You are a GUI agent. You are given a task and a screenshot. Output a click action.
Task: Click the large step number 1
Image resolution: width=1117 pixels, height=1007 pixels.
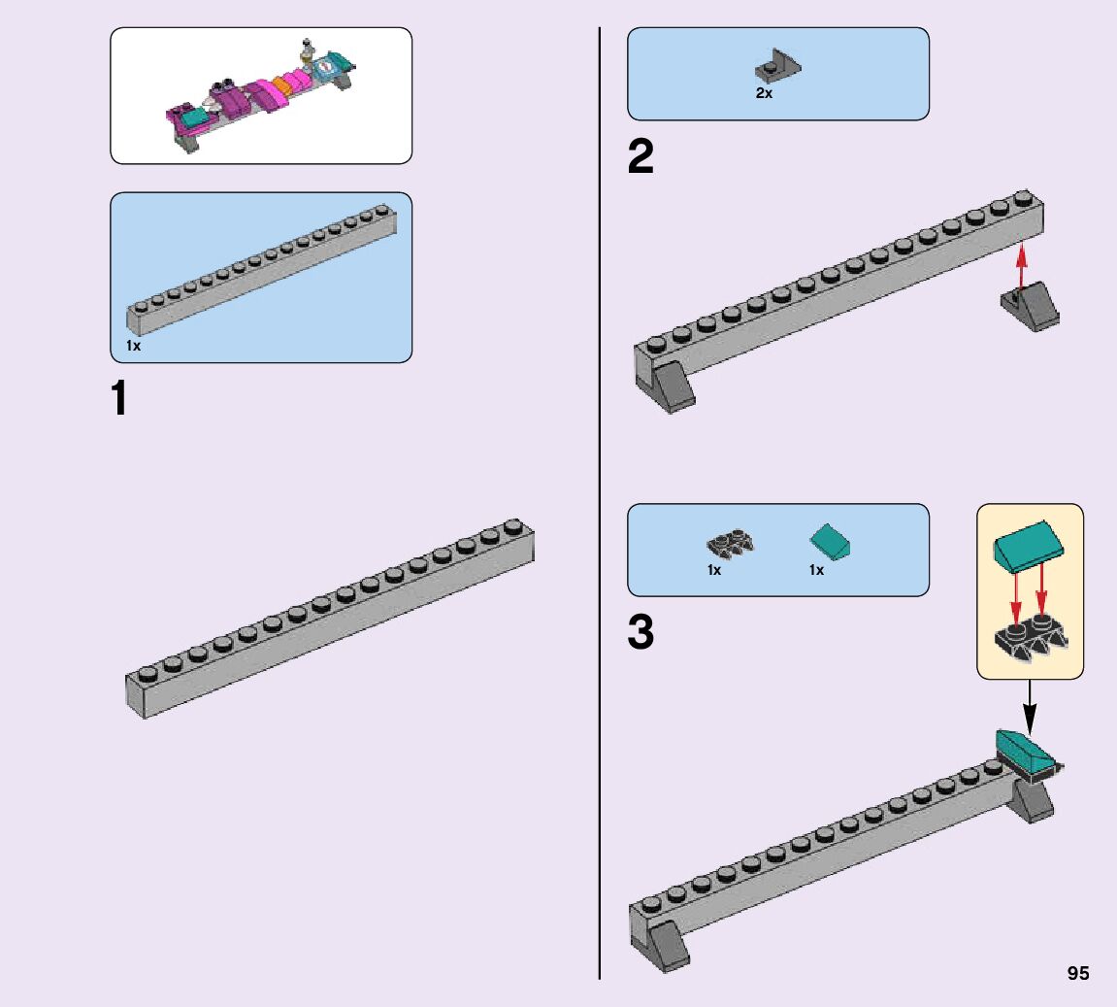(x=119, y=398)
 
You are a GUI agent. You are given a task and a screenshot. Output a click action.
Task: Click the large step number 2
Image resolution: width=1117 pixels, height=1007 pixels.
(x=641, y=156)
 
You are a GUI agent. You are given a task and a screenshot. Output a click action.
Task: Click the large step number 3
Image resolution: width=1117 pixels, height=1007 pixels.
(x=641, y=632)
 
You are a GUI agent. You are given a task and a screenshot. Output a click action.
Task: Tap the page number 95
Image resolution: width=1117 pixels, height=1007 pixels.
(x=1078, y=973)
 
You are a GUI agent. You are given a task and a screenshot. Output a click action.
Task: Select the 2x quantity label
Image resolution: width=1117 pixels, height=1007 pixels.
(x=764, y=93)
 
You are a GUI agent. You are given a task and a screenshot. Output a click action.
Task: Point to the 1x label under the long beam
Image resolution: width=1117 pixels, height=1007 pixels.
(x=133, y=346)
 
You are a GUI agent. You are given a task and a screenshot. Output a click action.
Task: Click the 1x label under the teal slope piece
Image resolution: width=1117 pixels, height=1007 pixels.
(x=816, y=570)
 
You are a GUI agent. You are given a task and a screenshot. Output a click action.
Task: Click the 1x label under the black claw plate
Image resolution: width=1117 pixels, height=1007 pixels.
(x=714, y=570)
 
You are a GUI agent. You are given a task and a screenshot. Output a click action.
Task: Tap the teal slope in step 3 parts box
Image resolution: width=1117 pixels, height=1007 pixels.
(x=830, y=542)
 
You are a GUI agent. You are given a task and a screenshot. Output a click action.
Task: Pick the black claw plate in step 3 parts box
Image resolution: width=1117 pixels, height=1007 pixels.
(x=730, y=545)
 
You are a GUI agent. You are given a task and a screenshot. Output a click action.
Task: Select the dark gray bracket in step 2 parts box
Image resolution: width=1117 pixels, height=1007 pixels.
(x=778, y=66)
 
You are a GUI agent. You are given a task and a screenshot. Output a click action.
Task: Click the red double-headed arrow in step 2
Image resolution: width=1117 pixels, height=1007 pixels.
(x=1022, y=267)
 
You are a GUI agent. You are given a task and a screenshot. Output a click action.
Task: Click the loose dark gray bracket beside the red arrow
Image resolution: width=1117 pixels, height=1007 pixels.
(x=1030, y=307)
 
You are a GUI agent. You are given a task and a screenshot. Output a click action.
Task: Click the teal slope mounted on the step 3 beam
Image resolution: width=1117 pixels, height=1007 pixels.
(x=1028, y=752)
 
